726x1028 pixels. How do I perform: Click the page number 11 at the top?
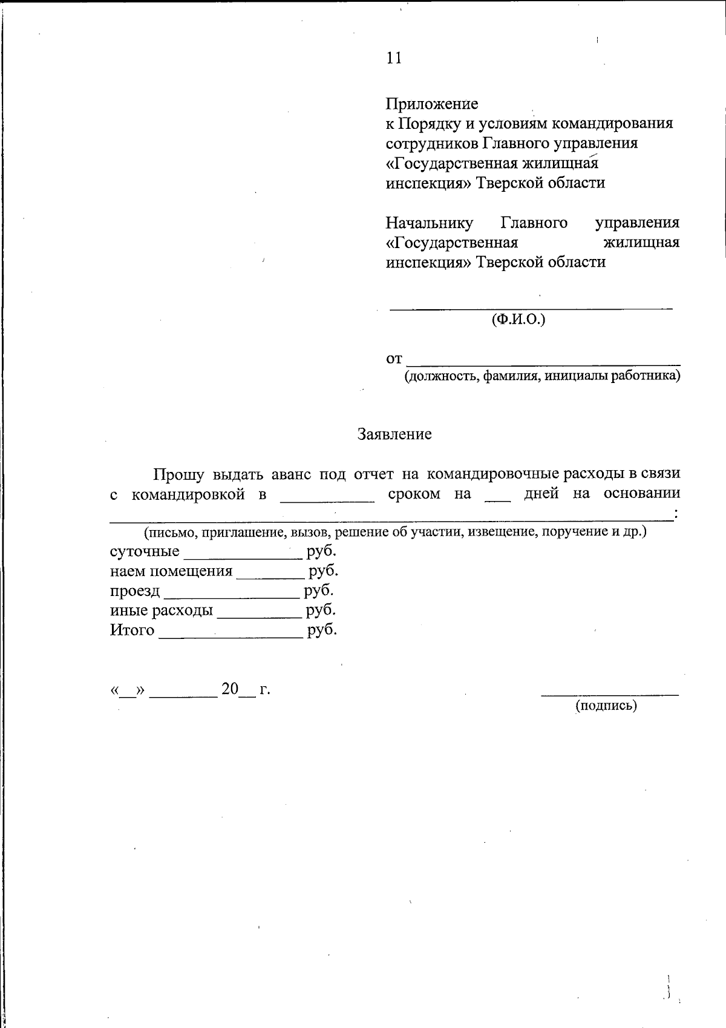(x=394, y=58)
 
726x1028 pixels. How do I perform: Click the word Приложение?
(x=432, y=104)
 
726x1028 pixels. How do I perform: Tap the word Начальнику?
(x=430, y=223)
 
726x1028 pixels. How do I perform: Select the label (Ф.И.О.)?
(x=518, y=319)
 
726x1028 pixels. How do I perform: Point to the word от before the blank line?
(x=394, y=359)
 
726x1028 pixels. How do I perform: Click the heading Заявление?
(x=394, y=434)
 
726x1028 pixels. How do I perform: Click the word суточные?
(x=145, y=552)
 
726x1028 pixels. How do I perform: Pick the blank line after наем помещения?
(x=270, y=577)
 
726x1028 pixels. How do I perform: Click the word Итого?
(x=132, y=630)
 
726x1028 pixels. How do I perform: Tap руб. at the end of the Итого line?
(x=322, y=630)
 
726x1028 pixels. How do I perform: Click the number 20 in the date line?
(x=230, y=689)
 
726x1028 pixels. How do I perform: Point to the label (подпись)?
(x=606, y=706)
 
